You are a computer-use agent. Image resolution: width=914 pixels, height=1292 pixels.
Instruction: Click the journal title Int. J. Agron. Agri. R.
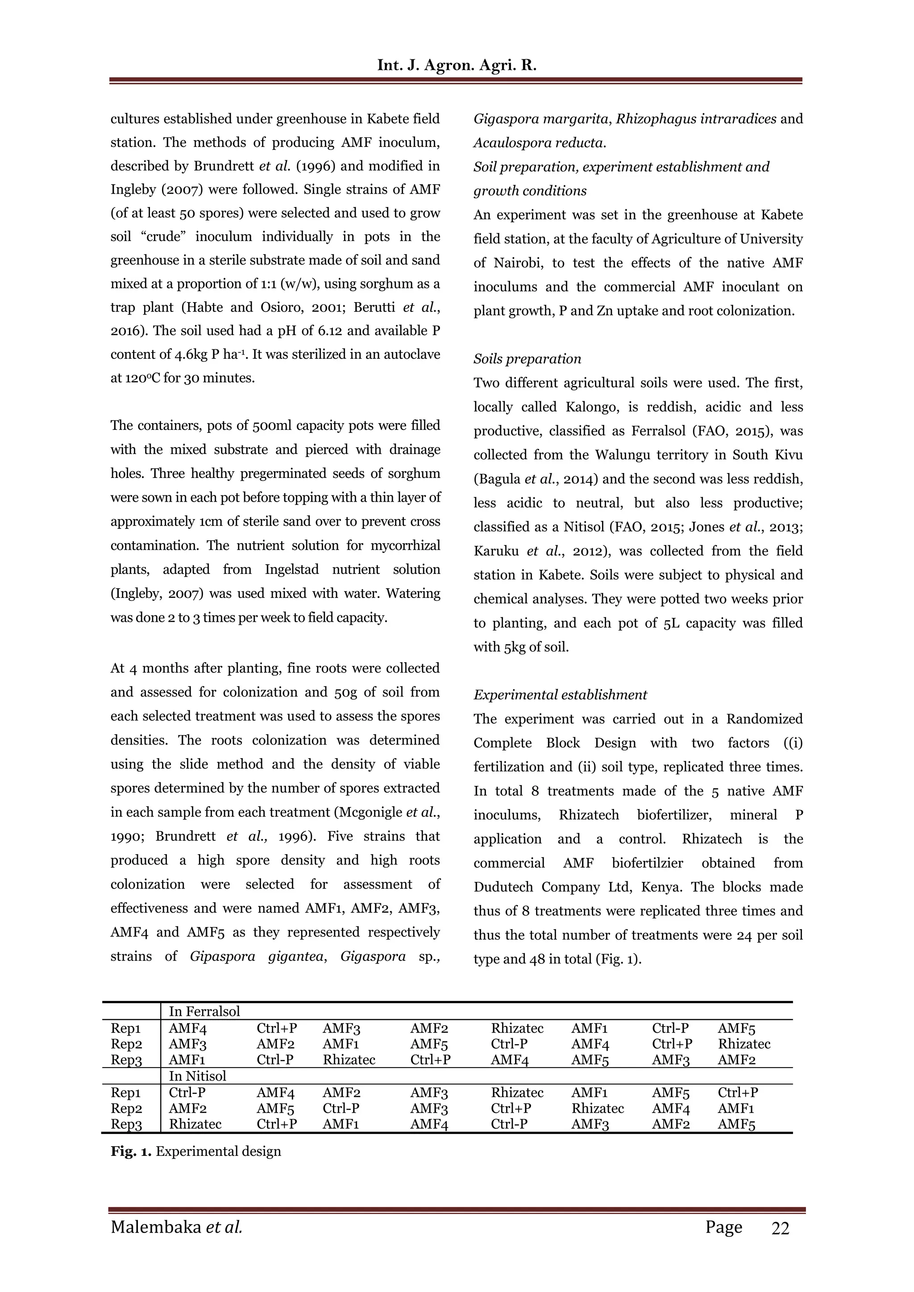tap(457, 65)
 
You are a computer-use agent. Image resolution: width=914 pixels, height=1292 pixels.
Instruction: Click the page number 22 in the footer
tap(780, 1228)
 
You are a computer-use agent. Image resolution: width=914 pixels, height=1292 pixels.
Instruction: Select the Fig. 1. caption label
tap(131, 1151)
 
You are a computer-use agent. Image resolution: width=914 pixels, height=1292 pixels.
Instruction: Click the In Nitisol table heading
tap(198, 1076)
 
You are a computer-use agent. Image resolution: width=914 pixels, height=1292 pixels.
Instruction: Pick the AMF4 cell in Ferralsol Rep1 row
tap(188, 1029)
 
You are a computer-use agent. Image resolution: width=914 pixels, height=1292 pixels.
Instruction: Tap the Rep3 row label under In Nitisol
tap(126, 1124)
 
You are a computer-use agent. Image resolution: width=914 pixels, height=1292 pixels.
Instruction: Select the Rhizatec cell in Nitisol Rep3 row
tap(195, 1124)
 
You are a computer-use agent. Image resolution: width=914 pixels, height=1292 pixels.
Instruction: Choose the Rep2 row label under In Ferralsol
tap(126, 1044)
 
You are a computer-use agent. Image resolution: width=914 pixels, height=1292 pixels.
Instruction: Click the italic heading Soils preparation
tap(527, 359)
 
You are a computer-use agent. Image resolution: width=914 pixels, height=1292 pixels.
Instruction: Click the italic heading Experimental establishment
tap(560, 695)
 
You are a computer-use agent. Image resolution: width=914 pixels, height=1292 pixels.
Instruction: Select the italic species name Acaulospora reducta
tap(539, 143)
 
